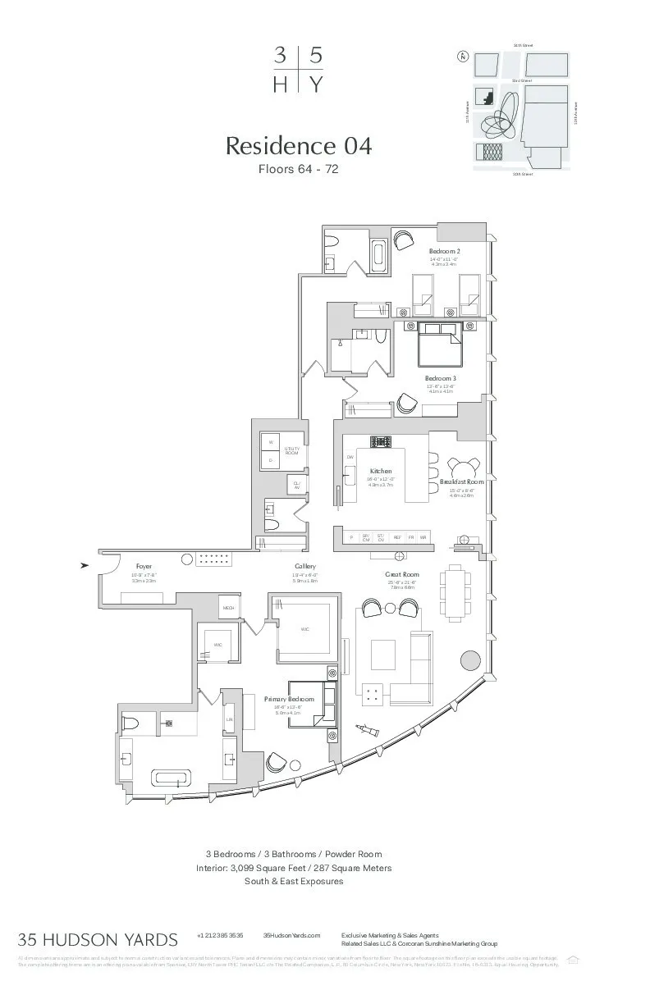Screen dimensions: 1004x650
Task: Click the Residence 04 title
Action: click(x=299, y=146)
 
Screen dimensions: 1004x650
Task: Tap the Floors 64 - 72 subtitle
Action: click(x=299, y=170)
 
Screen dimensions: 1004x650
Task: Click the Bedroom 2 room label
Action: click(x=444, y=251)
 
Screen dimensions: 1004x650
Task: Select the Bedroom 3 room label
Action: click(x=440, y=378)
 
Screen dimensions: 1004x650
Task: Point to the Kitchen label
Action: click(x=381, y=471)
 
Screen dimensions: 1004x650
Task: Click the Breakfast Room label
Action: click(x=461, y=482)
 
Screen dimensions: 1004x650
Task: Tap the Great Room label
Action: click(x=402, y=575)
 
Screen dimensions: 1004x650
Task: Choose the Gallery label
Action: click(x=305, y=567)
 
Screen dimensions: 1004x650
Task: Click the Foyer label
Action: click(x=144, y=566)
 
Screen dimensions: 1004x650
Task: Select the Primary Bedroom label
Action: click(x=289, y=699)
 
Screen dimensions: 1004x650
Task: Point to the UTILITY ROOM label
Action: click(x=292, y=450)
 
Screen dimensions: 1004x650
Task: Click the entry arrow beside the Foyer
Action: click(x=85, y=565)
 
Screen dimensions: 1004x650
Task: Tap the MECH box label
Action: click(x=228, y=608)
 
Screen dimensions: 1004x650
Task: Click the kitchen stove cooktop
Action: click(x=381, y=441)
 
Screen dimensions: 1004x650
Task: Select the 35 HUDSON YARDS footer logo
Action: click(x=98, y=939)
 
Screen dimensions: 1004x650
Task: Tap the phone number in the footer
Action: click(x=220, y=935)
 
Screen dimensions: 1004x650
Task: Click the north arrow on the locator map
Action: click(x=463, y=57)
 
